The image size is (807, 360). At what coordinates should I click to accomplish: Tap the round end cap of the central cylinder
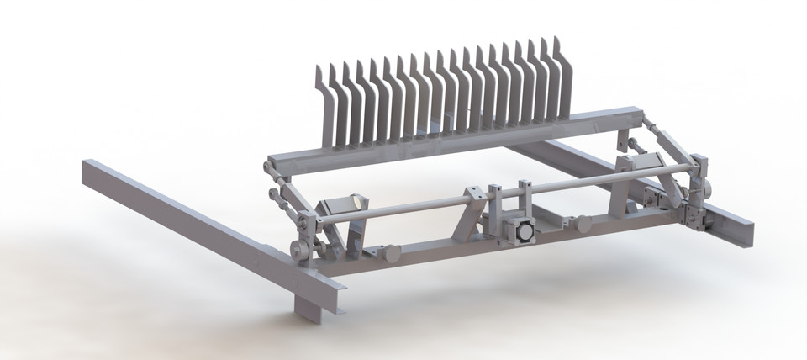click(522, 232)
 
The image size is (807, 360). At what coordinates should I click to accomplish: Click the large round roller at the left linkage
click(298, 250)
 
